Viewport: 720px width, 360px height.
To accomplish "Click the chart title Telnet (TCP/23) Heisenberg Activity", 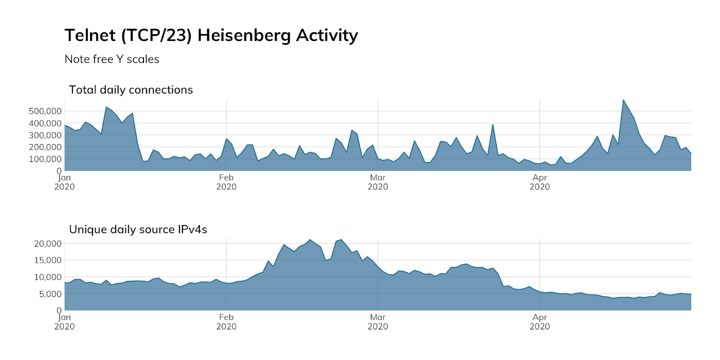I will point(211,35).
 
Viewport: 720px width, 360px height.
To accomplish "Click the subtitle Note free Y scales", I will point(112,59).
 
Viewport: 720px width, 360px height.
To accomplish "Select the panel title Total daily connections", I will point(130,90).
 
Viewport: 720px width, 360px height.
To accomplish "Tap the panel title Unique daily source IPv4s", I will point(138,229).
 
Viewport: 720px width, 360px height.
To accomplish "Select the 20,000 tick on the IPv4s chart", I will point(48,243).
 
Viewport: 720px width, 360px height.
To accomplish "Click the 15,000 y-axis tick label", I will point(48,260).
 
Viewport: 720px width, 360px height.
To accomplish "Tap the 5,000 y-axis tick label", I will point(49,294).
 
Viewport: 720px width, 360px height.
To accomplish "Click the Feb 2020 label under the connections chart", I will point(226,182).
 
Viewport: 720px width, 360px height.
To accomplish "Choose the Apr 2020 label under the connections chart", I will point(540,182).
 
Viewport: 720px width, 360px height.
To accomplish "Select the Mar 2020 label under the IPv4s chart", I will point(378,322).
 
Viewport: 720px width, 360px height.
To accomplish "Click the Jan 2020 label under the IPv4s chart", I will point(64,322).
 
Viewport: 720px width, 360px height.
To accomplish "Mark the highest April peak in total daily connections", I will point(623,100).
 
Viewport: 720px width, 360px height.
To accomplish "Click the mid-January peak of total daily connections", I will point(106,107).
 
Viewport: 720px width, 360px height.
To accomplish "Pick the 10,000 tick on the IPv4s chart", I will point(48,277).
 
